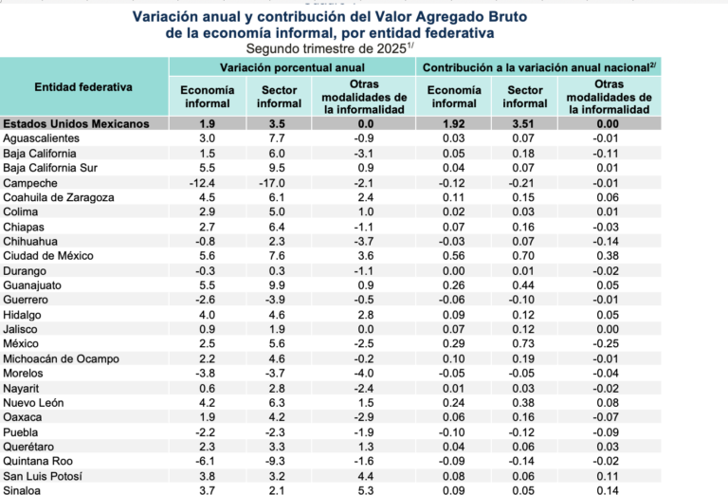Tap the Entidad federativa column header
tap(83, 87)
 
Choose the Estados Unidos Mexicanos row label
tap(77, 123)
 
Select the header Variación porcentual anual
tap(292, 67)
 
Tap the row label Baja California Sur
tap(49, 168)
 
